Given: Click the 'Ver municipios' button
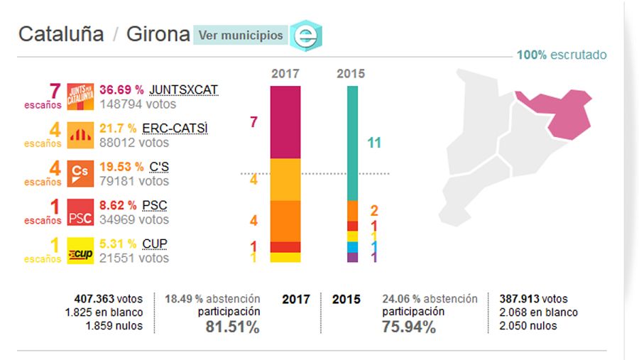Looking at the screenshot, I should click(x=240, y=35).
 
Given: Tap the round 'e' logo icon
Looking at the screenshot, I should click(x=306, y=36).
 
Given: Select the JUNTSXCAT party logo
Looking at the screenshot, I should click(x=80, y=97).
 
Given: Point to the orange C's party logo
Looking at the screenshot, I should click(x=80, y=173).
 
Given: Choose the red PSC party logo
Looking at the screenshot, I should click(x=80, y=212).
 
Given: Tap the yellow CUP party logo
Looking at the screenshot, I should click(x=80, y=251).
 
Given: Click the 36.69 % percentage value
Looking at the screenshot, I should click(x=121, y=90).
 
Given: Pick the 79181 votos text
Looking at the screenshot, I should click(x=134, y=181).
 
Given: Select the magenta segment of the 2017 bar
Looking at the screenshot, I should click(x=286, y=121).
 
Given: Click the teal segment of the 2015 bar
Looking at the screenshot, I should click(x=352, y=143).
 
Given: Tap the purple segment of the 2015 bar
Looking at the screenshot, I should click(x=352, y=257).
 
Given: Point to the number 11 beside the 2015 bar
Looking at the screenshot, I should click(x=374, y=143).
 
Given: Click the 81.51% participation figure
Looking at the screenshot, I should click(x=232, y=327).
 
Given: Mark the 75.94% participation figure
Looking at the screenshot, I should click(x=409, y=327).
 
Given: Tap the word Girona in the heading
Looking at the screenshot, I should click(x=158, y=34).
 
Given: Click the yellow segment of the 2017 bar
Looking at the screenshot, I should click(x=286, y=258).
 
